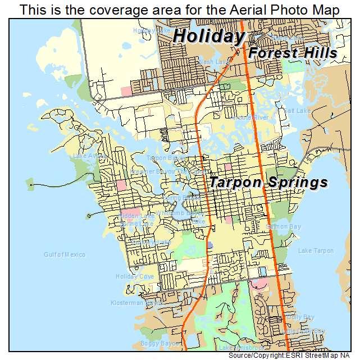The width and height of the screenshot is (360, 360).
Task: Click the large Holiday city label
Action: point(208,36)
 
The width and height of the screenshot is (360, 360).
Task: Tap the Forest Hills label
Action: point(293,53)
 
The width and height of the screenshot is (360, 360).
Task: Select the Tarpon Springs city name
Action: point(268,183)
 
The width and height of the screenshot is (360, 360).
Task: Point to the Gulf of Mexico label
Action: point(65,254)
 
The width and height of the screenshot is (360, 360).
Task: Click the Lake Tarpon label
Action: point(316,250)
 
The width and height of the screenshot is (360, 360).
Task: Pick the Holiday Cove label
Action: point(134,276)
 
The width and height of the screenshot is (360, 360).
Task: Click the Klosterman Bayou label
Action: point(137,302)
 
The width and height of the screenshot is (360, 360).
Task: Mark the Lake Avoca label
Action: point(86,156)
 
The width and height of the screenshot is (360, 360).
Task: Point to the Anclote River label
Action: point(252,117)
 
